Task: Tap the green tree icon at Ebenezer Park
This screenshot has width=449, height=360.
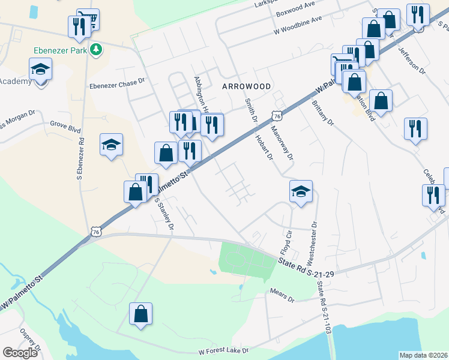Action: coord(95,50)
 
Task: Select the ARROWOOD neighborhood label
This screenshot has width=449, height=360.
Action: coord(247,86)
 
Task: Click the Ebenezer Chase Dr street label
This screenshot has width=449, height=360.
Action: coord(118,85)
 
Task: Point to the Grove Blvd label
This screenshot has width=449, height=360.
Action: coord(65,127)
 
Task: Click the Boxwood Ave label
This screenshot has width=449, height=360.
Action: coord(295,12)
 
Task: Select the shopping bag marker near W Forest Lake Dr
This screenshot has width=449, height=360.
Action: coord(140,314)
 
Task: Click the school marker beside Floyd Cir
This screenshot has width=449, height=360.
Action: coord(301,192)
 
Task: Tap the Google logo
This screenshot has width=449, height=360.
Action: coord(20,352)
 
